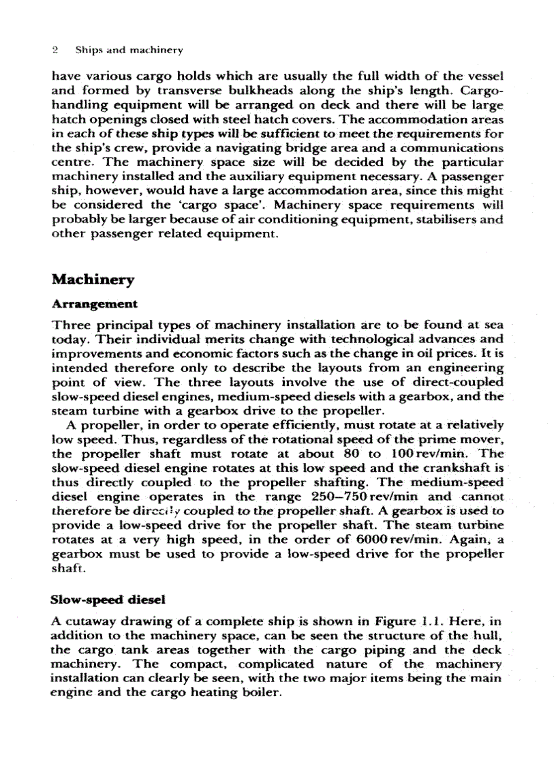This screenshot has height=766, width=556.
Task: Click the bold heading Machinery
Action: pos(93,280)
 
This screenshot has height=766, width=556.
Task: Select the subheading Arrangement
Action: pos(94,304)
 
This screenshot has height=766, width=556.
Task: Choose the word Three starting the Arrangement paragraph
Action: pos(72,324)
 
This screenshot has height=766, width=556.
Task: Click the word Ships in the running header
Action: pos(87,50)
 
